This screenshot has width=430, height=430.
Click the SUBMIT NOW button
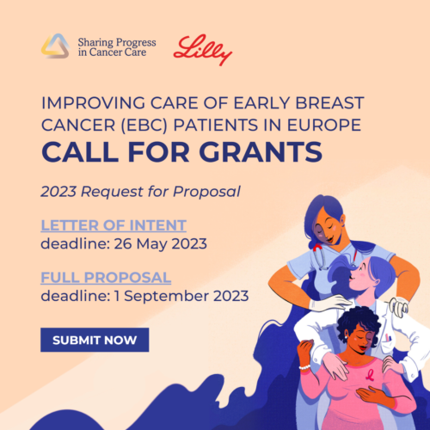click(x=95, y=340)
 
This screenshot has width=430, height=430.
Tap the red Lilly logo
click(x=203, y=50)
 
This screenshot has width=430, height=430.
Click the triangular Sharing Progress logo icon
click(x=55, y=46)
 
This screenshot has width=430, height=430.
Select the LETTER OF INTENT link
click(x=114, y=225)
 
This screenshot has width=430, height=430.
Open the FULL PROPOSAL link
click(x=106, y=278)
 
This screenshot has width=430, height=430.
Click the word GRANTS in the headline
click(x=261, y=151)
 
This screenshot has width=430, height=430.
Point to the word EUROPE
click(x=324, y=125)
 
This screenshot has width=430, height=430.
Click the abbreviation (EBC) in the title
click(x=144, y=126)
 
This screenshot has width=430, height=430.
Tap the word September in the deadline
click(x=166, y=297)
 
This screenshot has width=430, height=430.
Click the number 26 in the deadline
click(x=123, y=244)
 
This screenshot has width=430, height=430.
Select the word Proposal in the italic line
click(x=206, y=192)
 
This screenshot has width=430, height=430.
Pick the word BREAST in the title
click(x=329, y=103)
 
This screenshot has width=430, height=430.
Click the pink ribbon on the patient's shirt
click(x=370, y=375)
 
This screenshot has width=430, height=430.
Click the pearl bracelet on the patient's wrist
click(x=304, y=367)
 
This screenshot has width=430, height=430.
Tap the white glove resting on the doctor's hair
click(x=330, y=304)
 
